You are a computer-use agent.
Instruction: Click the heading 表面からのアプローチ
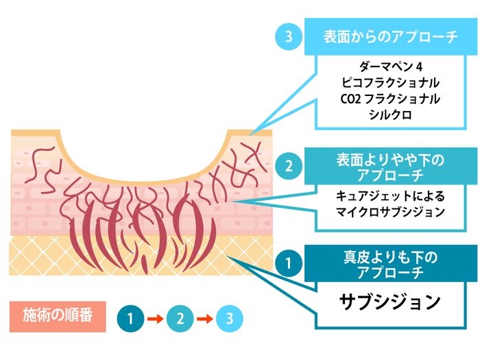coord(389,38)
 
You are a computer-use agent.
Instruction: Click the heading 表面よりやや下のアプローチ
coord(389,167)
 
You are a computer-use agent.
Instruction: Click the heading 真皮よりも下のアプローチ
coord(389,264)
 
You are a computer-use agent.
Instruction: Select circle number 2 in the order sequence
coord(180,318)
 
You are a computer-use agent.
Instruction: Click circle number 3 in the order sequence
coord(229,318)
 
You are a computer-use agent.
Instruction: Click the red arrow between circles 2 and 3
coord(204,319)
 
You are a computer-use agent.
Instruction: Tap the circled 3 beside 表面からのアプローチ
coord(289,38)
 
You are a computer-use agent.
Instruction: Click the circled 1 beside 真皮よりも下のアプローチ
coord(289,263)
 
